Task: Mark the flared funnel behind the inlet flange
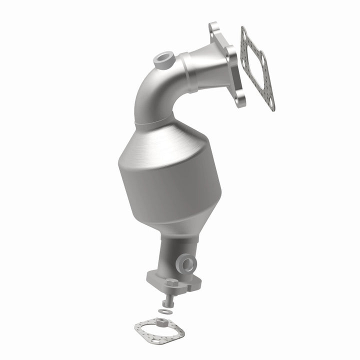pyautogui.click(x=210, y=65)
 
